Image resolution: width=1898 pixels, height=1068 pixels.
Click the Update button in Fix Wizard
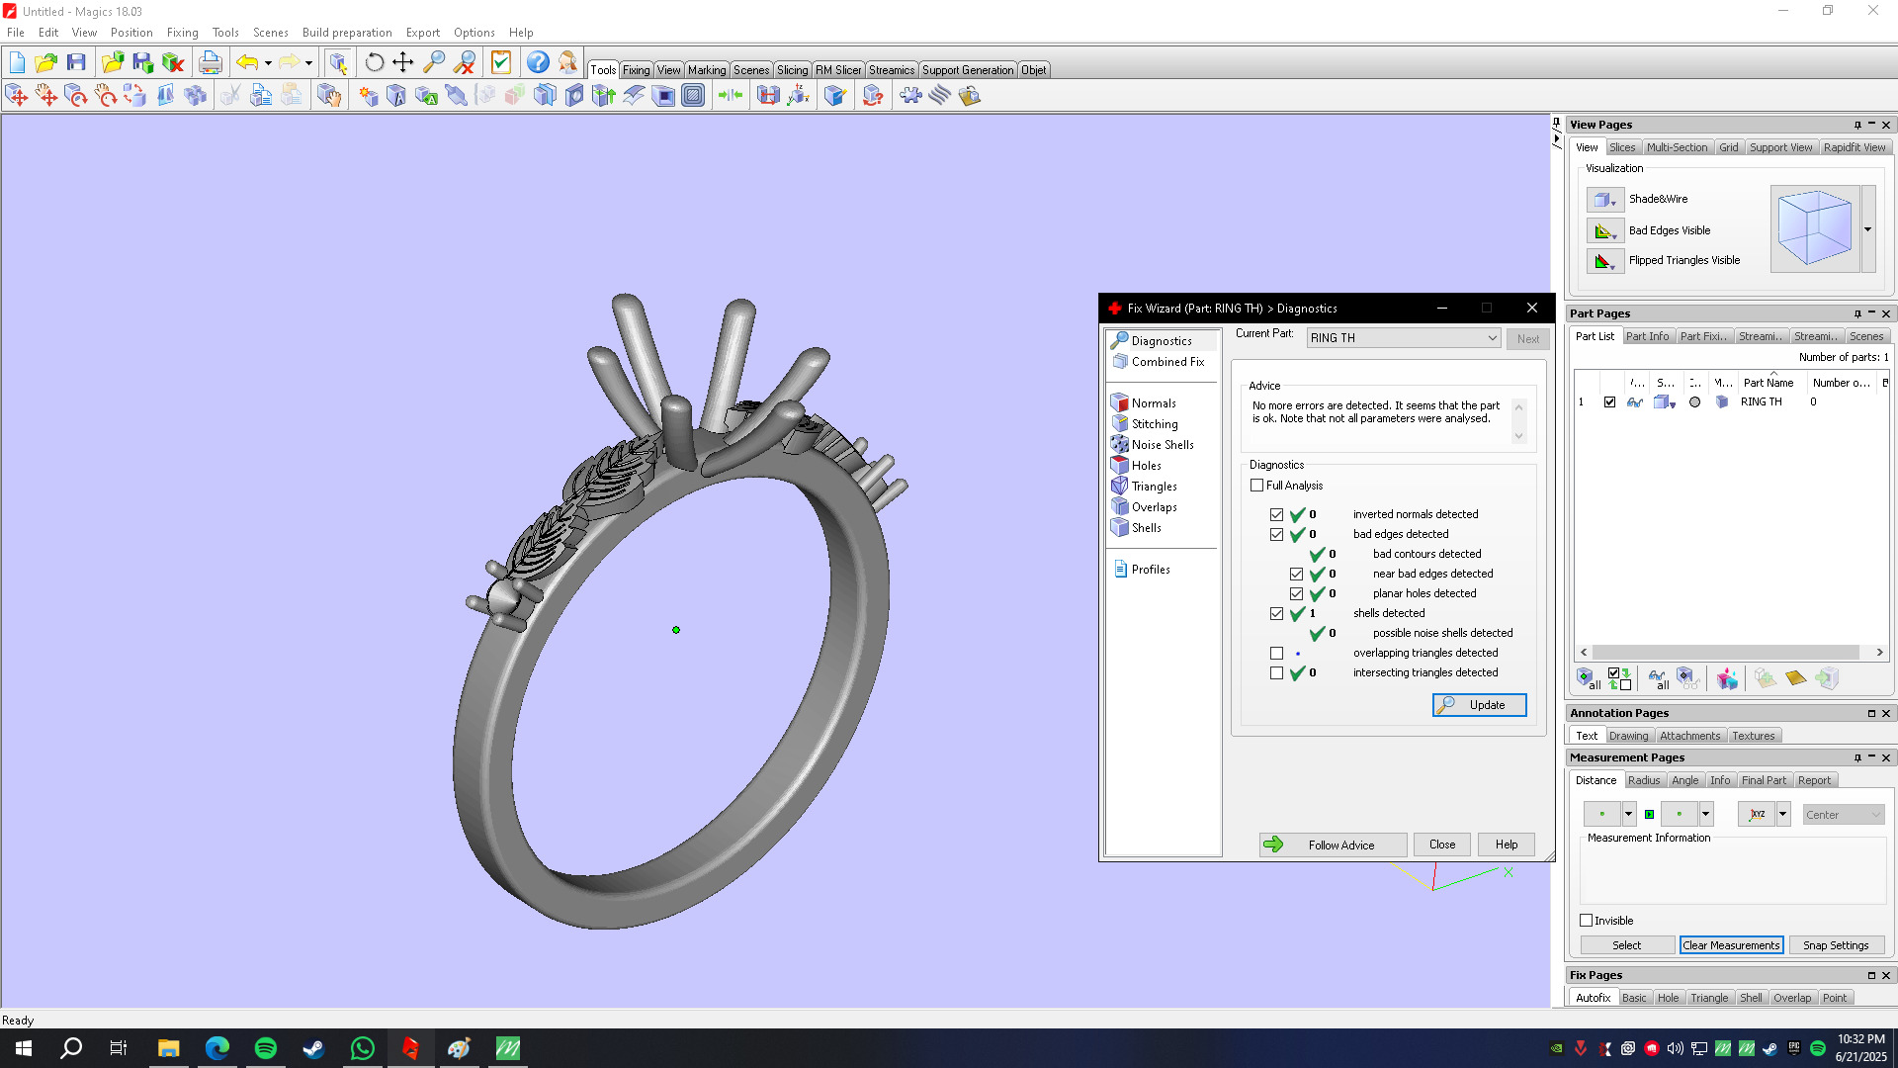point(1479,705)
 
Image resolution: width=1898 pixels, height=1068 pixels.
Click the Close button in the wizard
point(1441,845)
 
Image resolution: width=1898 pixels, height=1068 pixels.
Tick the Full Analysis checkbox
point(1257,486)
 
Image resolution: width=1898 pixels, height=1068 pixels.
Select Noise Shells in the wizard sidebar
point(1162,445)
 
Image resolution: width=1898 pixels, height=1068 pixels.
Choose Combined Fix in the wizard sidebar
point(1167,362)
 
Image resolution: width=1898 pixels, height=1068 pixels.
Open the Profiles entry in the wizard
point(1150,570)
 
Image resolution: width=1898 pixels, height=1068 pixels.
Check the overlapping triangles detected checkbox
point(1277,654)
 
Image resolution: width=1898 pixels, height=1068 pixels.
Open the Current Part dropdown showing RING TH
point(1403,338)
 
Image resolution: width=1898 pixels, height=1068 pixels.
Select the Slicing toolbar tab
point(792,70)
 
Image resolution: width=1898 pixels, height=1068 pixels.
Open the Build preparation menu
point(347,33)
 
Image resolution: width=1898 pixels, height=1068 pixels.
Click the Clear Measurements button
point(1731,945)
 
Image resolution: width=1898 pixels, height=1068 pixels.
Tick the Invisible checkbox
point(1587,921)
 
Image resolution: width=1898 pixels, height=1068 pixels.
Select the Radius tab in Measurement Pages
point(1643,780)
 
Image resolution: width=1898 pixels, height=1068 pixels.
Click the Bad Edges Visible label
point(1669,230)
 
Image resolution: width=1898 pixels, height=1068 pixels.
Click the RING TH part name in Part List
point(1761,402)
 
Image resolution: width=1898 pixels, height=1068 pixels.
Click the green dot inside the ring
point(676,630)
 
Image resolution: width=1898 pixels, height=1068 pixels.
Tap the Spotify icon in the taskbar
point(266,1048)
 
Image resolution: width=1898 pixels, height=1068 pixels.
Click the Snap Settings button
point(1835,945)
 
